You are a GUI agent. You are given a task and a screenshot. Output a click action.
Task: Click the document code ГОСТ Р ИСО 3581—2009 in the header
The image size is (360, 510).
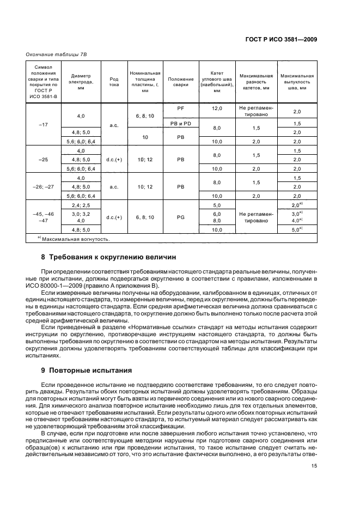[282, 40]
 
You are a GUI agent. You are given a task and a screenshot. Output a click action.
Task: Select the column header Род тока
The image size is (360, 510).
[114, 81]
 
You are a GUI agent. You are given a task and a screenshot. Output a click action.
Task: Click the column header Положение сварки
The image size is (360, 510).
[181, 81]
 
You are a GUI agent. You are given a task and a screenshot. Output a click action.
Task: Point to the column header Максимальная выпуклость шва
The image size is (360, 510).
[297, 81]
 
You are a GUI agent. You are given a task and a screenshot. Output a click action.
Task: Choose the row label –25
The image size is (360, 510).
[44, 160]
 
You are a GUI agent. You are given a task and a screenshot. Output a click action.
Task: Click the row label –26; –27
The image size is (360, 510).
[44, 186]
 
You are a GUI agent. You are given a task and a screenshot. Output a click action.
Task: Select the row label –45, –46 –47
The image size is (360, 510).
[44, 217]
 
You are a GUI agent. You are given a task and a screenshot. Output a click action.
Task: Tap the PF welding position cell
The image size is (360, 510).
[181, 108]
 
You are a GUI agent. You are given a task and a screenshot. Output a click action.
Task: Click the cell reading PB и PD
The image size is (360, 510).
[181, 124]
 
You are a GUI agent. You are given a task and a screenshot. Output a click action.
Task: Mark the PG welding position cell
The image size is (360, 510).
[181, 217]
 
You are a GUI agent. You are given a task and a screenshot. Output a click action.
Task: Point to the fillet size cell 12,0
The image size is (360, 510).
[217, 108]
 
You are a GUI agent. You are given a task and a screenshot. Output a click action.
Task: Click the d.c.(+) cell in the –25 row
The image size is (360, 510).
[114, 160]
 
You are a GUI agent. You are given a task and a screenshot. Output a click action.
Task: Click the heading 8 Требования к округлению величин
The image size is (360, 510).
[109, 257]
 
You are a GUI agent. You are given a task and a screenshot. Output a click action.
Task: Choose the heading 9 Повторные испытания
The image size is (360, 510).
[87, 371]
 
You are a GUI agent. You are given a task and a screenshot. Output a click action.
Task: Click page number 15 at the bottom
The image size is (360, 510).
[314, 466]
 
